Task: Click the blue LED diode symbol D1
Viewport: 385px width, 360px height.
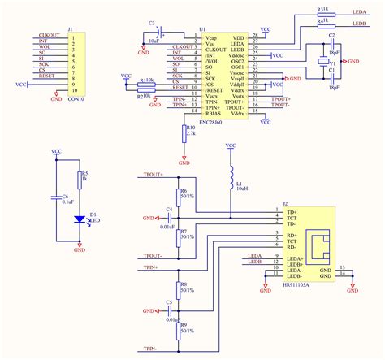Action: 79,219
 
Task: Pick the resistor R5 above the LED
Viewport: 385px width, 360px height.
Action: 79,180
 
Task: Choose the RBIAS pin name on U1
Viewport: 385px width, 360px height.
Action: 213,112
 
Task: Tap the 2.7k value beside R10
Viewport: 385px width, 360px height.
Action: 192,132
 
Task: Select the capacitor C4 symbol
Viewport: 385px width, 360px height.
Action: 169,219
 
